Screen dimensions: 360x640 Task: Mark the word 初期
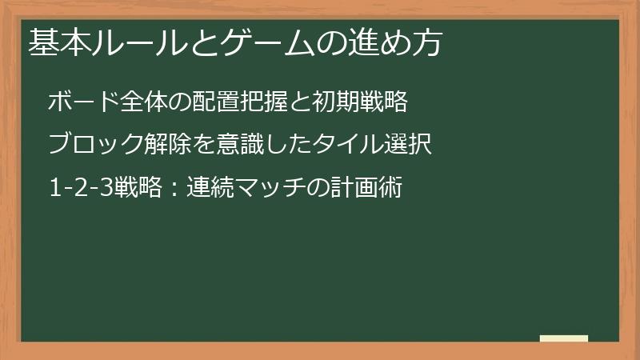334,102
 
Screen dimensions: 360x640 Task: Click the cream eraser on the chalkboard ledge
564,338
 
